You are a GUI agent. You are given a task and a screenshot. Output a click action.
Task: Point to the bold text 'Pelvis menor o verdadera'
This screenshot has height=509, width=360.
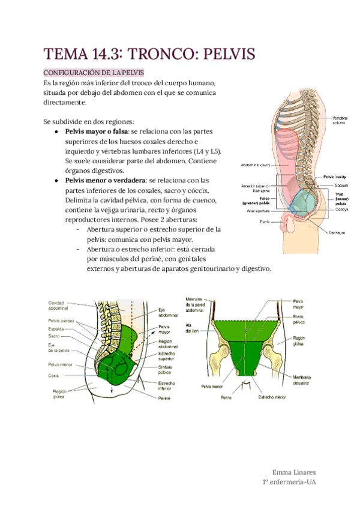pyautogui.click(x=105, y=180)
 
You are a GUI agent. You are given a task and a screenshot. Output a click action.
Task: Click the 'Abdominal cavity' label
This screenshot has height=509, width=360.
pyautogui.click(x=256, y=164)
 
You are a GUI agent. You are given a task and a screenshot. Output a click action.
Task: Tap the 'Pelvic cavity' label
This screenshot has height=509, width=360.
pyautogui.click(x=335, y=177)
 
